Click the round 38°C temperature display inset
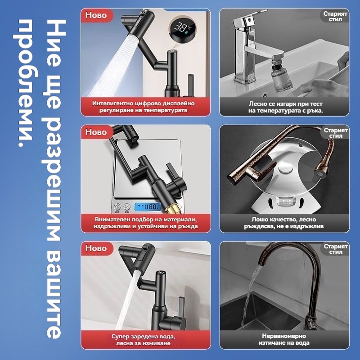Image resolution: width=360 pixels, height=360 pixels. (x=183, y=29)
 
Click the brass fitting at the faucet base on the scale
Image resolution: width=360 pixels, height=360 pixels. (x=171, y=207)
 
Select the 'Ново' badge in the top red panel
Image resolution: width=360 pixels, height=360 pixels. (x=96, y=15)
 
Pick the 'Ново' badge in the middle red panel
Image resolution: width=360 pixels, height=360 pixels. (x=96, y=132)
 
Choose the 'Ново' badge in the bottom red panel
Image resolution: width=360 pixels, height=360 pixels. (x=96, y=248)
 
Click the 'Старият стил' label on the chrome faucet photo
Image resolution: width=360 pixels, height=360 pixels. (x=335, y=16)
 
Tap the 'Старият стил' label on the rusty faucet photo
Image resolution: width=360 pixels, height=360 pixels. (x=336, y=133)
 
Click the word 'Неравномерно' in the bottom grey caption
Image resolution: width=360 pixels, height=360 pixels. (x=284, y=336)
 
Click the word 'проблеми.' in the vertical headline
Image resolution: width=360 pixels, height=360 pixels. (x=26, y=83)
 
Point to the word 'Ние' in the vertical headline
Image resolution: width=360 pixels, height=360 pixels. (x=54, y=43)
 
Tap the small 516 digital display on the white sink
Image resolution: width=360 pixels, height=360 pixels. (x=287, y=202)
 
